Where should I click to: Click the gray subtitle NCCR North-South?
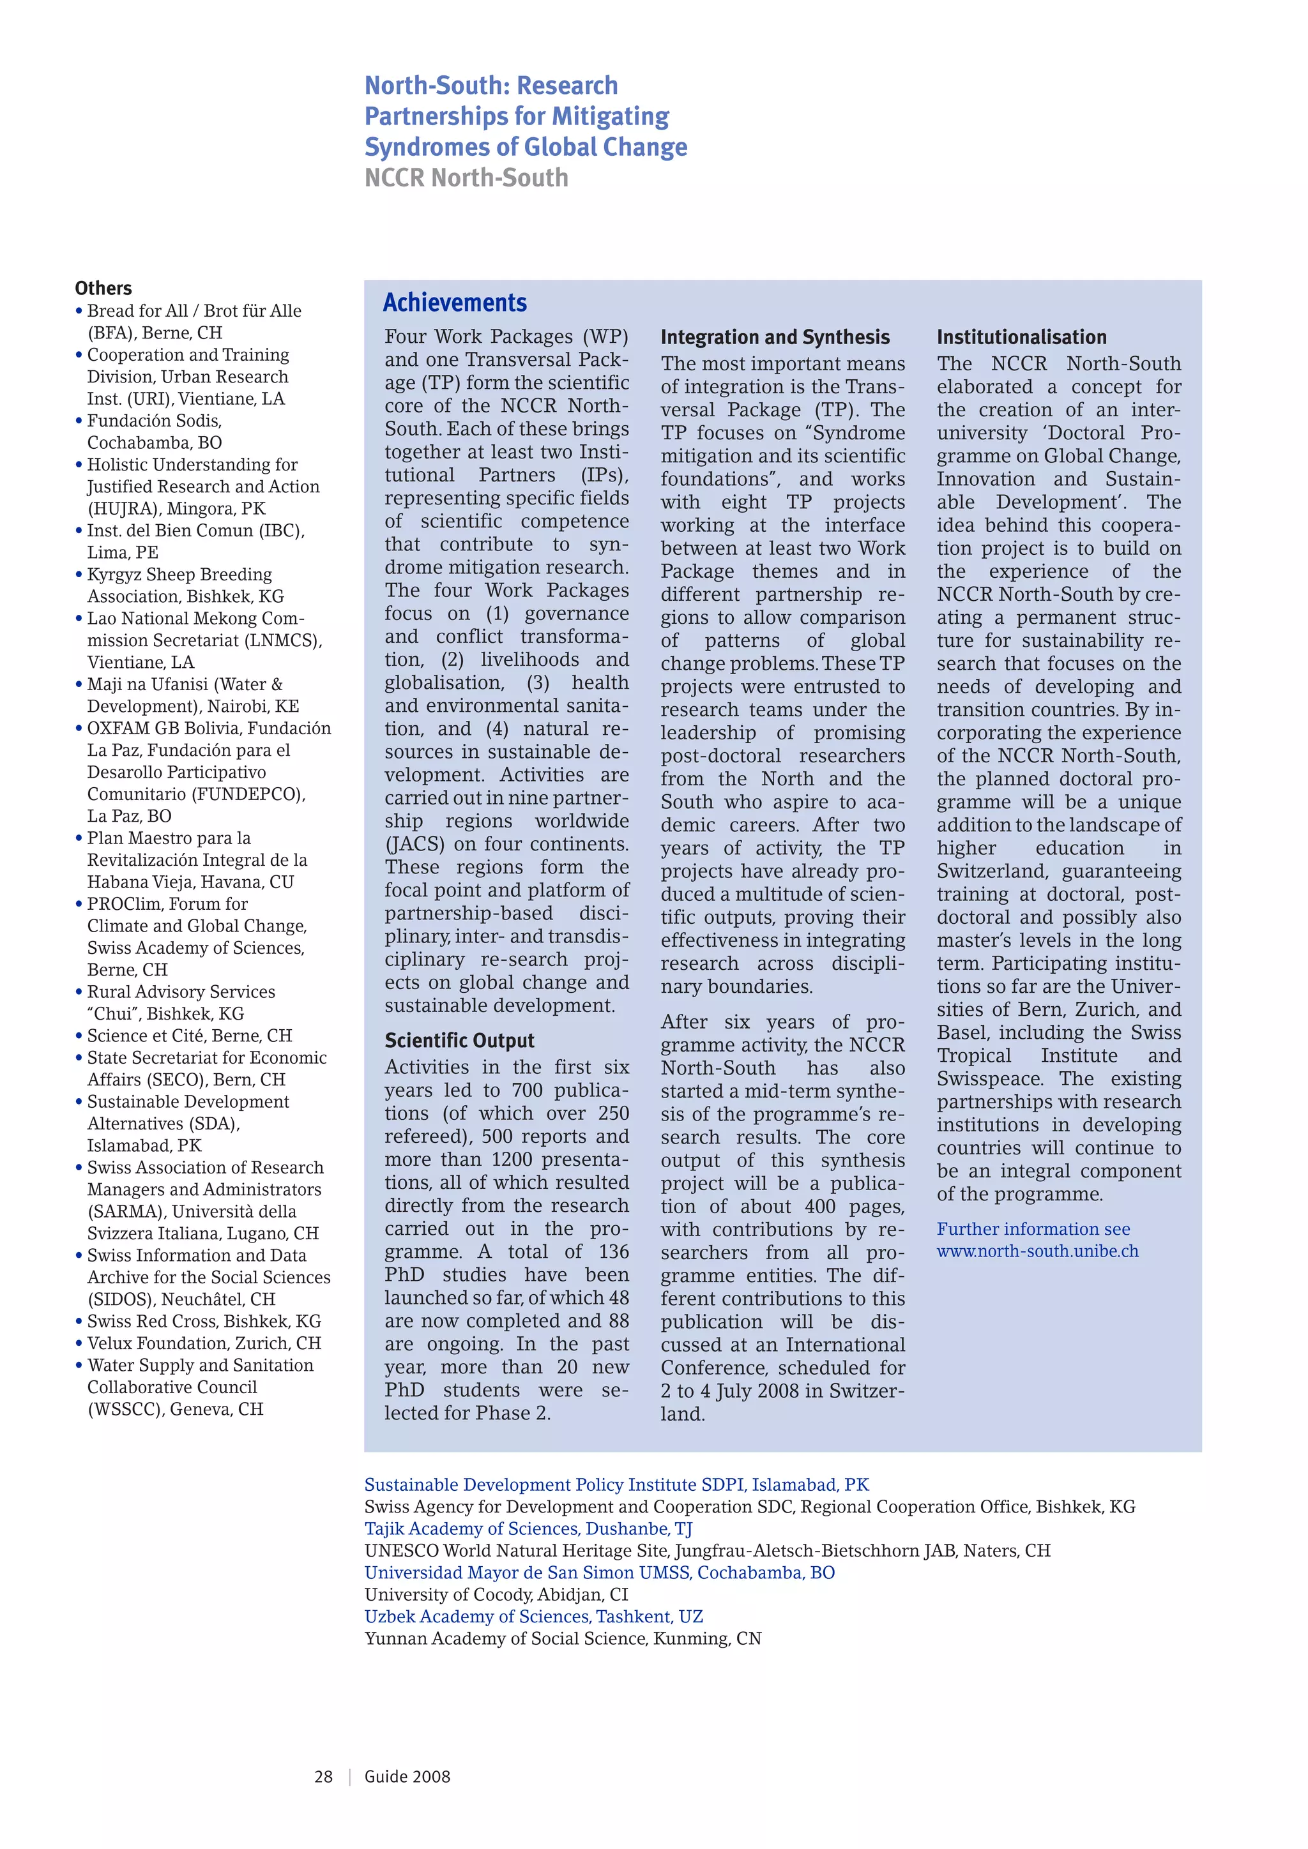click(x=466, y=178)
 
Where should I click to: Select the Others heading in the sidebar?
click(x=103, y=289)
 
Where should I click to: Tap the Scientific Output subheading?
click(x=459, y=1041)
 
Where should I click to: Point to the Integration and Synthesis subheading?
click(x=775, y=337)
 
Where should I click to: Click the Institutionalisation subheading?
click(x=1021, y=337)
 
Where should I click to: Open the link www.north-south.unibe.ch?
click(x=1037, y=1251)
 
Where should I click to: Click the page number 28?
click(x=323, y=1776)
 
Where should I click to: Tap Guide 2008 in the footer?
click(x=407, y=1776)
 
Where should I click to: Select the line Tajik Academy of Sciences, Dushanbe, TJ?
click(x=528, y=1528)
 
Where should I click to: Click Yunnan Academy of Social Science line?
click(x=562, y=1638)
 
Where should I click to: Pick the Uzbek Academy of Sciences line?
click(x=533, y=1616)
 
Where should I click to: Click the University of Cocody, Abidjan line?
click(x=496, y=1594)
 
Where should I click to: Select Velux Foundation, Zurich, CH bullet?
click(x=204, y=1343)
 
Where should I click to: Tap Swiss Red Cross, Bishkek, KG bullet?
click(x=204, y=1322)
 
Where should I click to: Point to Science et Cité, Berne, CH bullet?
click(x=189, y=1036)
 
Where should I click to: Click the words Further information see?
click(x=1033, y=1229)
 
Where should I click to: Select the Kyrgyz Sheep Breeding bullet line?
click(x=179, y=575)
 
